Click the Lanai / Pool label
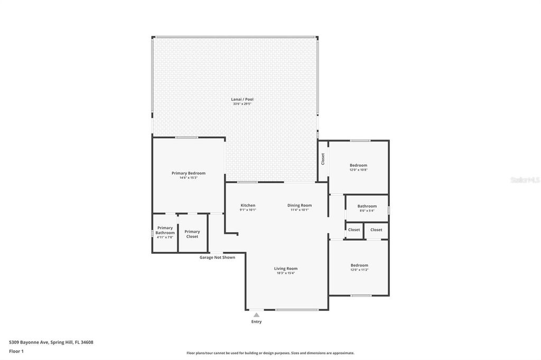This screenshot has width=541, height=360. [x=242, y=99]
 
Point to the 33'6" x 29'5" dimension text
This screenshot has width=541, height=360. [x=242, y=104]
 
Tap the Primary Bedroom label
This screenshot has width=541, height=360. [x=188, y=173]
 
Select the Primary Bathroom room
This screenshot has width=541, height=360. [x=165, y=232]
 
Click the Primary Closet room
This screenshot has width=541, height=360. [x=192, y=234]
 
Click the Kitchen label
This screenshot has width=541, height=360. [x=248, y=205]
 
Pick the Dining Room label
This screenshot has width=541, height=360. [x=300, y=205]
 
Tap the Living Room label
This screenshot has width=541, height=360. [x=286, y=268]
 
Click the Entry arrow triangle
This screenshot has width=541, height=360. [x=256, y=315]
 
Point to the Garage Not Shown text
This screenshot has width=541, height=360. [x=217, y=258]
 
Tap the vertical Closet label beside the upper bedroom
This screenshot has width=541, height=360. [x=323, y=159]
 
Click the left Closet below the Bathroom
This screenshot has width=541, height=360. [x=354, y=230]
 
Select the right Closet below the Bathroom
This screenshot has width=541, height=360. [x=376, y=230]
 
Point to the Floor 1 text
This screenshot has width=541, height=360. [x=16, y=351]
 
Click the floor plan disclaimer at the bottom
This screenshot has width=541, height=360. [x=270, y=353]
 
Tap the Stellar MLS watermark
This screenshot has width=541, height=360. [x=525, y=180]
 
